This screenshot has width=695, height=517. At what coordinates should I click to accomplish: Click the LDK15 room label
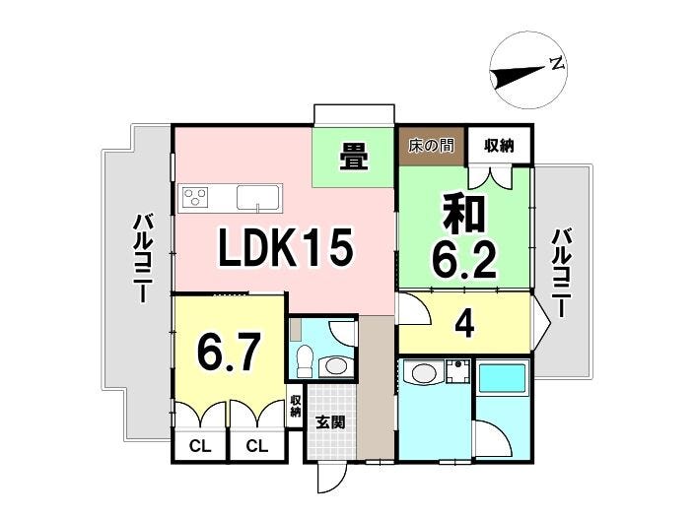tap(286, 247)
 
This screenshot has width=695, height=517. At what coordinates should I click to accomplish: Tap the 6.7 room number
tap(229, 352)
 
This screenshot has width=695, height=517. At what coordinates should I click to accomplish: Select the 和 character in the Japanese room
tap(464, 215)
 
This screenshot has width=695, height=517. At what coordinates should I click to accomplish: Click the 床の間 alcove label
tap(431, 146)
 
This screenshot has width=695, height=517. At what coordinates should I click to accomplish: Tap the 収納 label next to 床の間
tap(499, 145)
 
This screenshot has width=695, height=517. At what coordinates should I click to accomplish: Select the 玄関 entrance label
tap(330, 422)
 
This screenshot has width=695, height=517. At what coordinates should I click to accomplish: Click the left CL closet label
tap(200, 446)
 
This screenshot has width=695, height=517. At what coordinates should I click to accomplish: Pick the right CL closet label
tap(257, 446)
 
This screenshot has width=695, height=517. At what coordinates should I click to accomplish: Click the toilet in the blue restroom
tap(304, 360)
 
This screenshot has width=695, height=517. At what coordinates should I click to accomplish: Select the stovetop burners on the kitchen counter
tap(196, 197)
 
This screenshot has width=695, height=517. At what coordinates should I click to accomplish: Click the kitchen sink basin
tap(258, 197)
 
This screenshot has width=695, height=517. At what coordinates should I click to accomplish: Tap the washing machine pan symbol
tap(458, 371)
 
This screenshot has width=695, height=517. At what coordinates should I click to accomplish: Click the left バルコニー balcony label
tap(142, 258)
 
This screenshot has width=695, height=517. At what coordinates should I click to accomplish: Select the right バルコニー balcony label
tap(560, 273)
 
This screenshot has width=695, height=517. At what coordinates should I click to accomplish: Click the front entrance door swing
tap(332, 479)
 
